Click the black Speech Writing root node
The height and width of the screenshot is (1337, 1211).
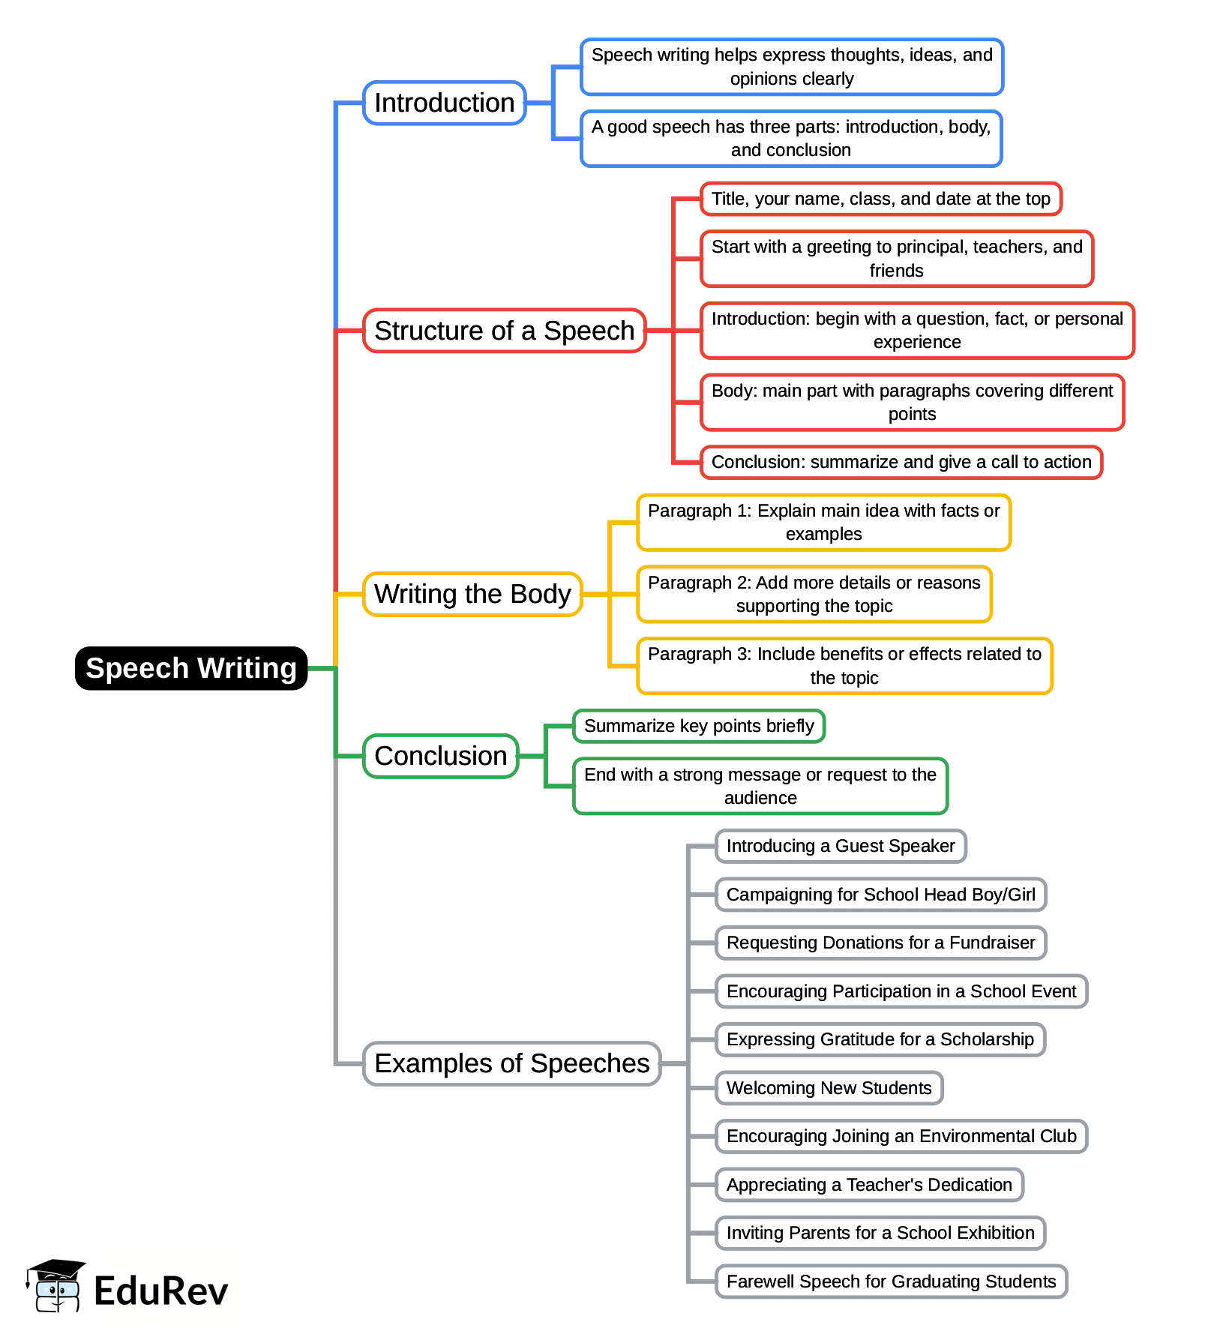click(x=191, y=668)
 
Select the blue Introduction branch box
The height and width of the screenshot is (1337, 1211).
click(x=444, y=103)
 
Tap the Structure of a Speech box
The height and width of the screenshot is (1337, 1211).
click(x=504, y=331)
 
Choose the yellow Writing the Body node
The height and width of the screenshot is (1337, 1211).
click(x=472, y=594)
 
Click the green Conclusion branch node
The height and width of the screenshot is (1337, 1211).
click(x=441, y=756)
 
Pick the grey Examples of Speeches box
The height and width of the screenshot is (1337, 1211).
click(x=511, y=1063)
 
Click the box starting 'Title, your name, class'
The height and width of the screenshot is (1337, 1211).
click(x=880, y=199)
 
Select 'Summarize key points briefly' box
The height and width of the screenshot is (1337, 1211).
click(x=698, y=726)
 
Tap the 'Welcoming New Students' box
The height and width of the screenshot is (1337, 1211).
click(x=829, y=1088)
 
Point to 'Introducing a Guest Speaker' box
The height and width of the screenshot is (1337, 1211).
click(x=840, y=846)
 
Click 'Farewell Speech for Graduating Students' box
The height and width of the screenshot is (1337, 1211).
click(x=891, y=1282)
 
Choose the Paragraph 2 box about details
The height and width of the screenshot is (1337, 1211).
click(x=814, y=594)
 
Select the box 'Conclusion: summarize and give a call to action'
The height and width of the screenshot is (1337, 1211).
click(x=901, y=462)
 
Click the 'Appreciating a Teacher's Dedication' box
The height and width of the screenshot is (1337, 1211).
click(x=869, y=1185)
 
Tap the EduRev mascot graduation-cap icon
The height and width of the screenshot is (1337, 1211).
click(x=55, y=1285)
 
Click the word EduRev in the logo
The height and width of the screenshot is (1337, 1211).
click(x=160, y=1291)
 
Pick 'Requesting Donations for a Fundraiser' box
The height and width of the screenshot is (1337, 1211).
click(x=880, y=943)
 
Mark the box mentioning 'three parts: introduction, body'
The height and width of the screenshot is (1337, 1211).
click(x=791, y=139)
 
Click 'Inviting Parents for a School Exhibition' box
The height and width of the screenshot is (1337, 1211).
click(x=880, y=1233)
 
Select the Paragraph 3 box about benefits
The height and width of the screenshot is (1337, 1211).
click(x=844, y=666)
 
